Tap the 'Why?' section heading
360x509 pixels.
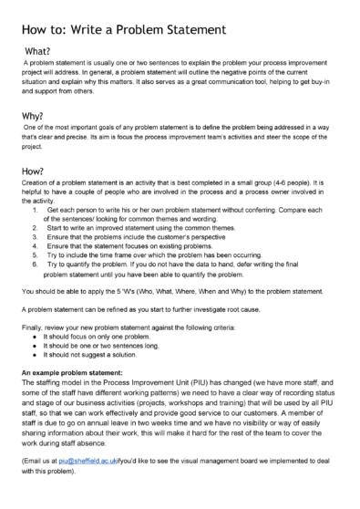[x=36, y=117]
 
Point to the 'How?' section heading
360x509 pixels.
[x=37, y=170]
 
